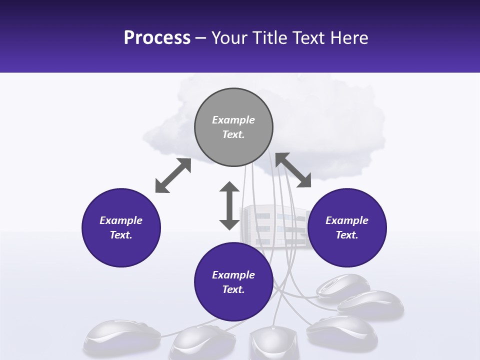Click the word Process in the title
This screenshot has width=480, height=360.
click(157, 38)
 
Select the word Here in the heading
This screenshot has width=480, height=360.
click(348, 38)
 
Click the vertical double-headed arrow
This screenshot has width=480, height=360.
click(229, 205)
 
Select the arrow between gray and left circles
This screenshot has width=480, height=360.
click(173, 175)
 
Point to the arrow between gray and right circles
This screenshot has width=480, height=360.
click(293, 170)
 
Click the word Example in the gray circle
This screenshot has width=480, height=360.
click(233, 120)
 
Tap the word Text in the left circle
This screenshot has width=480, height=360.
click(121, 235)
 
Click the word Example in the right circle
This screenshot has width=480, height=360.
click(347, 220)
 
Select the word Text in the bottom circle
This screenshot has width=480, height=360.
click(233, 289)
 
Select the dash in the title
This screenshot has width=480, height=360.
click(201, 38)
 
